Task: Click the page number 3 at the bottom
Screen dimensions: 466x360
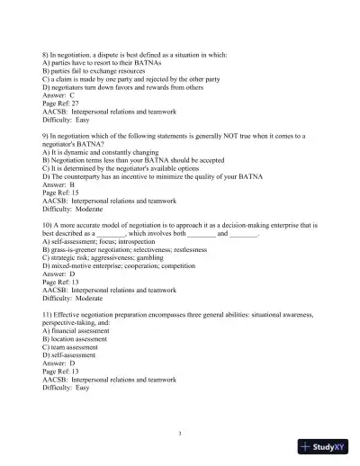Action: [180, 434]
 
